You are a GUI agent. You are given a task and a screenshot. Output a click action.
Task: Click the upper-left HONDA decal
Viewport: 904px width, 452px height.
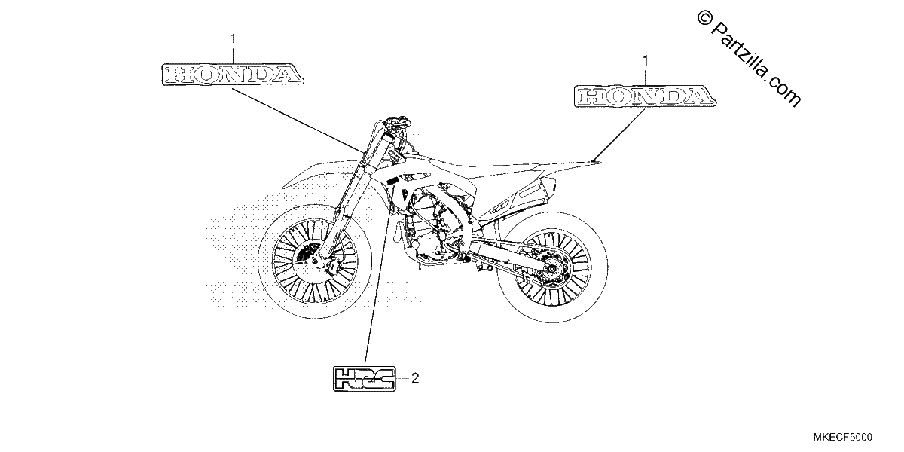(233, 75)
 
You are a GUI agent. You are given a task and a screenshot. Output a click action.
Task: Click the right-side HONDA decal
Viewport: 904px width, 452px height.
(645, 96)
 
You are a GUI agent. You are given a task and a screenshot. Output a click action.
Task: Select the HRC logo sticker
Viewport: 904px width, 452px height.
(364, 378)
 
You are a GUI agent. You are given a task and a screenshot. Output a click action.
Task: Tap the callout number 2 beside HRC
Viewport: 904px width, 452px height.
(415, 378)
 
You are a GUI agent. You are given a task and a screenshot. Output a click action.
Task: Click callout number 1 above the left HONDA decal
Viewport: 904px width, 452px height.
(233, 39)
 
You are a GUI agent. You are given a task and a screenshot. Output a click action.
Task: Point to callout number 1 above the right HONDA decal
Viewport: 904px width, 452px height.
(646, 61)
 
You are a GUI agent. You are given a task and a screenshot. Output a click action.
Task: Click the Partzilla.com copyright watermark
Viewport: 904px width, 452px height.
(749, 58)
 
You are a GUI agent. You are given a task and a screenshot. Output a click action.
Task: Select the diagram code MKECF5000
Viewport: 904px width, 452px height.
(842, 437)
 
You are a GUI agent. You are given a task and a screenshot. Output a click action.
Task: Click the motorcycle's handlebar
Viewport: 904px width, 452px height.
(398, 121)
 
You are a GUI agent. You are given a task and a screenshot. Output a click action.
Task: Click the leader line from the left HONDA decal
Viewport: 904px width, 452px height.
(297, 120)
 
